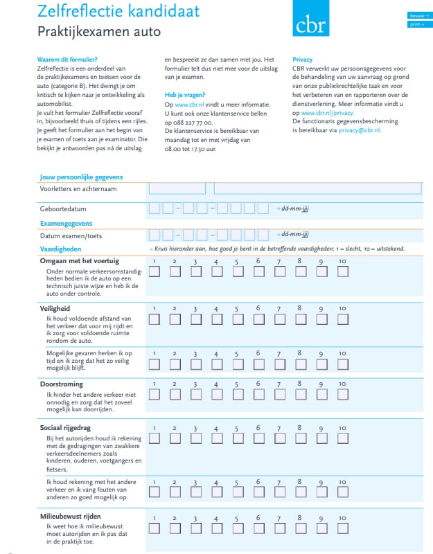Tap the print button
(418, 24)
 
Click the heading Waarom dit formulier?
(67, 60)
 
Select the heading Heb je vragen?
(184, 94)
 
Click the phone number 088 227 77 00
(184, 120)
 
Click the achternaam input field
(317, 188)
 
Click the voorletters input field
(177, 188)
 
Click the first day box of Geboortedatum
(154, 208)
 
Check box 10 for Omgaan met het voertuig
(342, 271)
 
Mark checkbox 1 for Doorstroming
(154, 395)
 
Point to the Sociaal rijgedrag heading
(66, 428)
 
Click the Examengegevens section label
(66, 224)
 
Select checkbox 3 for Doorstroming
(195, 395)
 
